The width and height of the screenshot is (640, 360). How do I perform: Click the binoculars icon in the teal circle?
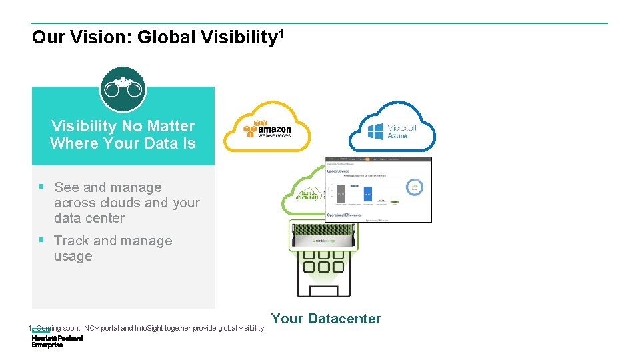click(x=123, y=88)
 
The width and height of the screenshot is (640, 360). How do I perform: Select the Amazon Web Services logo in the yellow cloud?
click(x=267, y=128)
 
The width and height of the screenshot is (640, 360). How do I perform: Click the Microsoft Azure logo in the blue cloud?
click(x=393, y=131)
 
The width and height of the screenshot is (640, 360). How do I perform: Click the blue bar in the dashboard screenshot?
click(x=367, y=193)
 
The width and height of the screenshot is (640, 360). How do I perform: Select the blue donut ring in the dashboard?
click(x=416, y=188)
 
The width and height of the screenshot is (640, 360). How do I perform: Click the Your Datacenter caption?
click(x=326, y=319)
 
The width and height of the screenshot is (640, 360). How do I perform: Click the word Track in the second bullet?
click(x=72, y=241)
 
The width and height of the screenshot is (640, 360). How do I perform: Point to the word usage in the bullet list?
click(x=73, y=256)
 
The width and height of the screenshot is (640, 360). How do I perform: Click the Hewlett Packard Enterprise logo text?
click(x=57, y=341)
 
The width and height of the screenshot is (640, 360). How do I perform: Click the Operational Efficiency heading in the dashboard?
click(x=344, y=215)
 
